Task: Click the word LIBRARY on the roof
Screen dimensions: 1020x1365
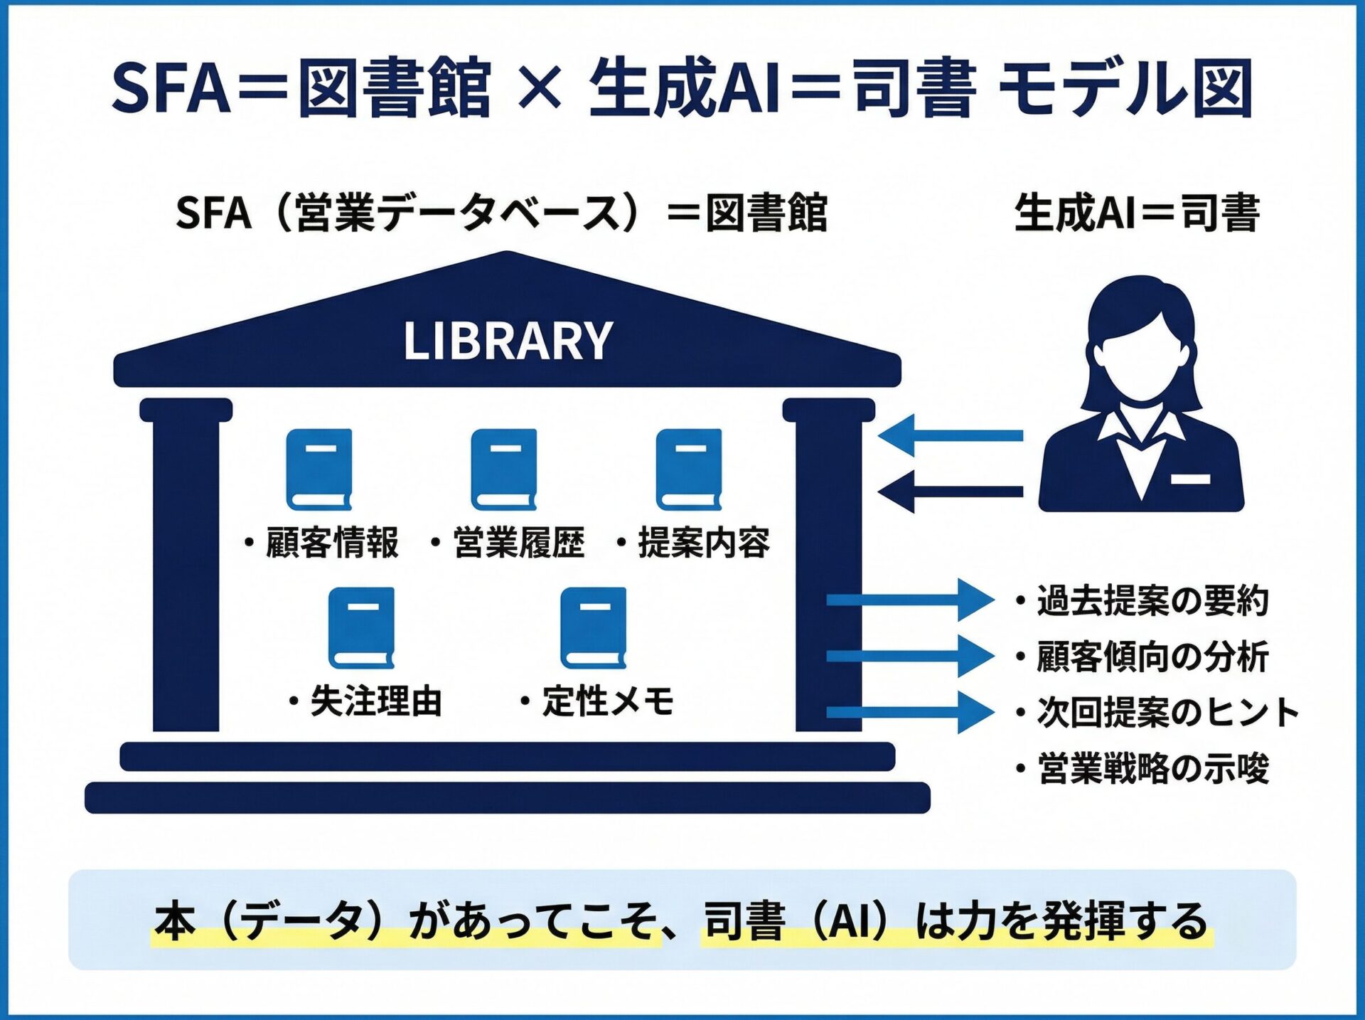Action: pos(508,341)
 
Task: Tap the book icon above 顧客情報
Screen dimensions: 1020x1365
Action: pos(319,469)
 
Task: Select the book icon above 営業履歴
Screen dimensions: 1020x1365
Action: pos(504,469)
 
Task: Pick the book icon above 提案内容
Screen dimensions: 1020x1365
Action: pos(689,469)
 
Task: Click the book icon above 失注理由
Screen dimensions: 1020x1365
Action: pos(361,627)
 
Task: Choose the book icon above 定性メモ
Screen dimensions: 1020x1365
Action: pos(594,627)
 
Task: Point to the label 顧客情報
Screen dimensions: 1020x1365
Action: pos(331,543)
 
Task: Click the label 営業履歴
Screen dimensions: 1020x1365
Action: pos(518,543)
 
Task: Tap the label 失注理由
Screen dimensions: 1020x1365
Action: pos(376,702)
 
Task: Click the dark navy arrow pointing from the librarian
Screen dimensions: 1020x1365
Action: pos(951,492)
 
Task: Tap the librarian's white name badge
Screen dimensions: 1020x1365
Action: pos(1190,479)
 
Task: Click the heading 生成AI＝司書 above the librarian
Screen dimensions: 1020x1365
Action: pos(1137,213)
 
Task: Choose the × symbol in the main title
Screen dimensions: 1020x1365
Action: pos(540,88)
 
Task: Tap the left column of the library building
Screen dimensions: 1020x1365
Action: pos(186,569)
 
